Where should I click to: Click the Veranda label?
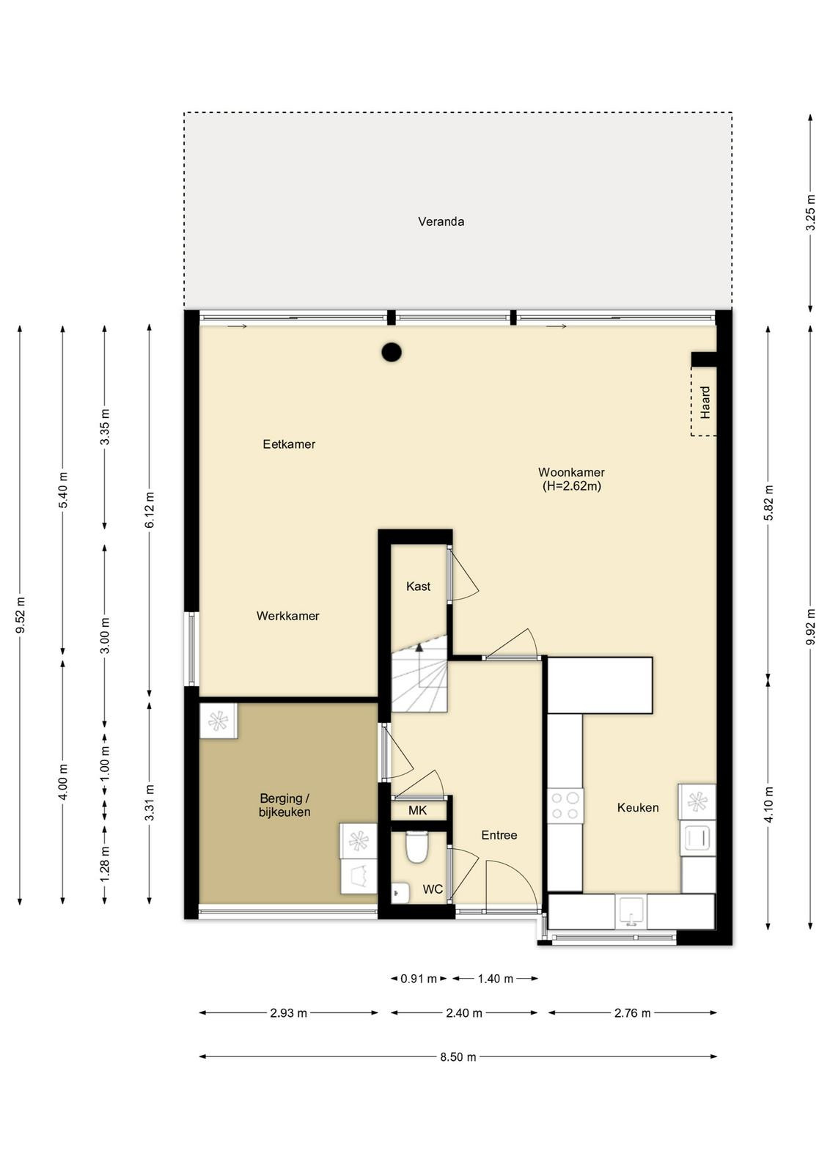click(x=441, y=221)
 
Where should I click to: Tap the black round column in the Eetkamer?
click(x=392, y=353)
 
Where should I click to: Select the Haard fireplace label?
click(x=705, y=402)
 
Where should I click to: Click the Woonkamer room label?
click(x=571, y=472)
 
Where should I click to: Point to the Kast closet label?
click(x=419, y=586)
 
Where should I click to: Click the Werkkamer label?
click(x=287, y=616)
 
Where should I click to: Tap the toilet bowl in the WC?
click(x=417, y=847)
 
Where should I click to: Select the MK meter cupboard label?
click(x=417, y=811)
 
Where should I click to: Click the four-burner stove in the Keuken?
click(x=565, y=806)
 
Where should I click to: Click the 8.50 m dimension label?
click(x=458, y=1057)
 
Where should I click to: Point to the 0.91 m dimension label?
click(x=419, y=979)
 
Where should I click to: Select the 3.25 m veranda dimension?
click(x=811, y=213)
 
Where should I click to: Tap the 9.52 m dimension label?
click(x=21, y=615)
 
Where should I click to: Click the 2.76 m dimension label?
click(x=632, y=1013)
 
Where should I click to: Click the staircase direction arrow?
click(x=419, y=648)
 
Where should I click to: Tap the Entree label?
click(x=499, y=835)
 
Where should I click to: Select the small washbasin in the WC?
click(x=400, y=893)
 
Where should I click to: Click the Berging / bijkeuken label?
click(x=285, y=806)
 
